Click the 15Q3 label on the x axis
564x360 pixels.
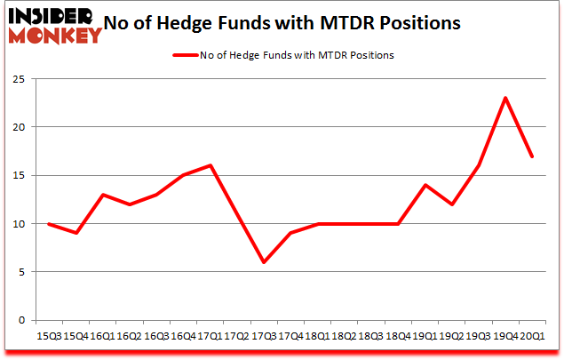pos(49,337)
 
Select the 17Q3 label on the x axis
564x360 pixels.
pos(263,337)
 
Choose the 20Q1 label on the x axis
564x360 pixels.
pos(531,337)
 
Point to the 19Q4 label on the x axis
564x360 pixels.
pos(504,337)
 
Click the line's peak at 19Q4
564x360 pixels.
pos(504,98)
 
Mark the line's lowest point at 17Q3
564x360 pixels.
pos(263,261)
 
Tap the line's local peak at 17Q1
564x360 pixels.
pos(210,165)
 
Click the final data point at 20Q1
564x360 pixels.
pos(531,156)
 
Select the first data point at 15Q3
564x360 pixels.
pos(49,223)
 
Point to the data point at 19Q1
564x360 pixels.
pos(425,185)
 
